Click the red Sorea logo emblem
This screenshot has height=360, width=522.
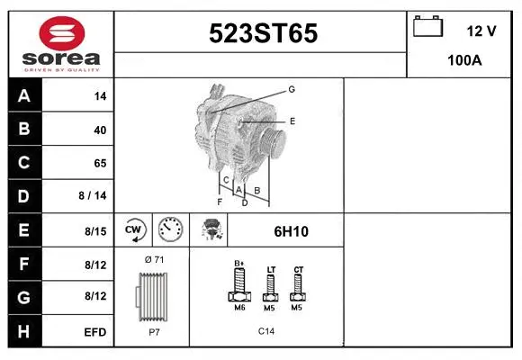coord(62,33)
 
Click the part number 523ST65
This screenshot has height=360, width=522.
coord(263,33)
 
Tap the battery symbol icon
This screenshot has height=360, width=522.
coord(427,26)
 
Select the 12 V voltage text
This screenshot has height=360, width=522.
coord(481,31)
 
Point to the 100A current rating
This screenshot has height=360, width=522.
coord(464,60)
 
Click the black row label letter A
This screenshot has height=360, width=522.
coord(24,96)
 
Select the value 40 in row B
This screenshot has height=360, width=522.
coord(100,130)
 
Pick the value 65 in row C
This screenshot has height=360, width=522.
coord(100,163)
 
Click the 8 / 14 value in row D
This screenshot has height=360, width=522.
coord(93,195)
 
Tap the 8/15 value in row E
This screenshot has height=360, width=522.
coord(95,231)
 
